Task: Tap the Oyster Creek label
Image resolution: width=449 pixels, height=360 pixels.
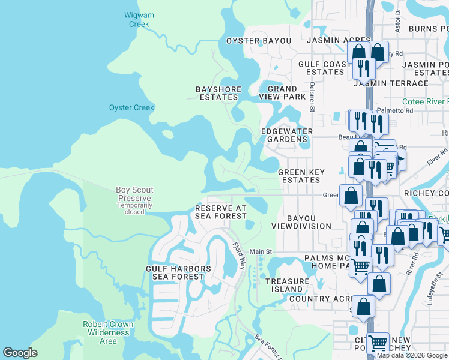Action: tap(131, 108)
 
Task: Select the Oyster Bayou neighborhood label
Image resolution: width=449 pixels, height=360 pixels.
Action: tap(258, 41)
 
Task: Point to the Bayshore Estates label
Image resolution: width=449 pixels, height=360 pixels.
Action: tap(218, 93)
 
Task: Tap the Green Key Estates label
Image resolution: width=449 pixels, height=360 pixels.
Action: tap(301, 176)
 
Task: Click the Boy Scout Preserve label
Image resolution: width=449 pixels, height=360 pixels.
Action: tap(134, 194)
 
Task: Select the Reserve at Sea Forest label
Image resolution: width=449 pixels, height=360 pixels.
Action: tap(220, 212)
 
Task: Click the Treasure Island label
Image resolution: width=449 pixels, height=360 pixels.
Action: tap(288, 284)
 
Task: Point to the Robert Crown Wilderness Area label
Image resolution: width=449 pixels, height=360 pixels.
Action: tap(108, 332)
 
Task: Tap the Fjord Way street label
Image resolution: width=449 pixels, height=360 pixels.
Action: tap(238, 254)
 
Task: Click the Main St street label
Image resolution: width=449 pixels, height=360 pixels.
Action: tap(261, 251)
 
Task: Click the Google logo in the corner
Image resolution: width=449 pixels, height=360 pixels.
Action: tap(20, 353)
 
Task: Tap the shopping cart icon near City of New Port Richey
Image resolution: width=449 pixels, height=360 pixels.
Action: tap(378, 343)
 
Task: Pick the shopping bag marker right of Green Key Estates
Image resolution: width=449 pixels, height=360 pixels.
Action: tap(351, 195)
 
